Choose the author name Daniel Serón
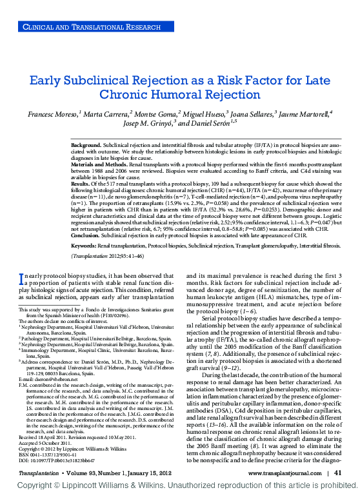pos(201,123)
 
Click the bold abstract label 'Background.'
pos(86,146)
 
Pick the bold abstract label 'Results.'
pos(81,183)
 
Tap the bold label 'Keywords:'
pos(85,246)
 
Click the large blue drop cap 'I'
pos(22,279)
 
